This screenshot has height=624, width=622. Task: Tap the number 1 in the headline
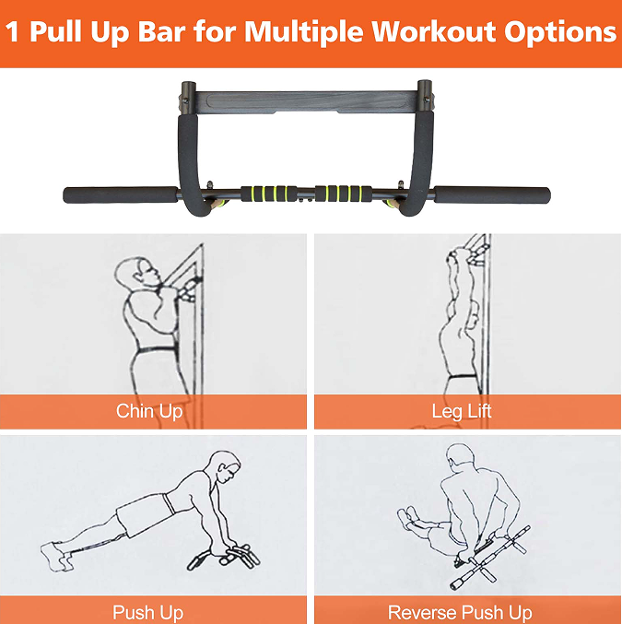click(13, 32)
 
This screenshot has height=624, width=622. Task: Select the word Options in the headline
click(559, 33)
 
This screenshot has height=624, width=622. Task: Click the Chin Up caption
click(149, 411)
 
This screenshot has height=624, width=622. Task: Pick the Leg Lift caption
click(462, 411)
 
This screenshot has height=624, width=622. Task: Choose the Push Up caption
click(147, 612)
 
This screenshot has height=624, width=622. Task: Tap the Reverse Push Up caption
click(460, 612)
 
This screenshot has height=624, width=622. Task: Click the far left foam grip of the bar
click(120, 195)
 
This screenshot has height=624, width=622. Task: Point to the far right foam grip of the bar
click(493, 195)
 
